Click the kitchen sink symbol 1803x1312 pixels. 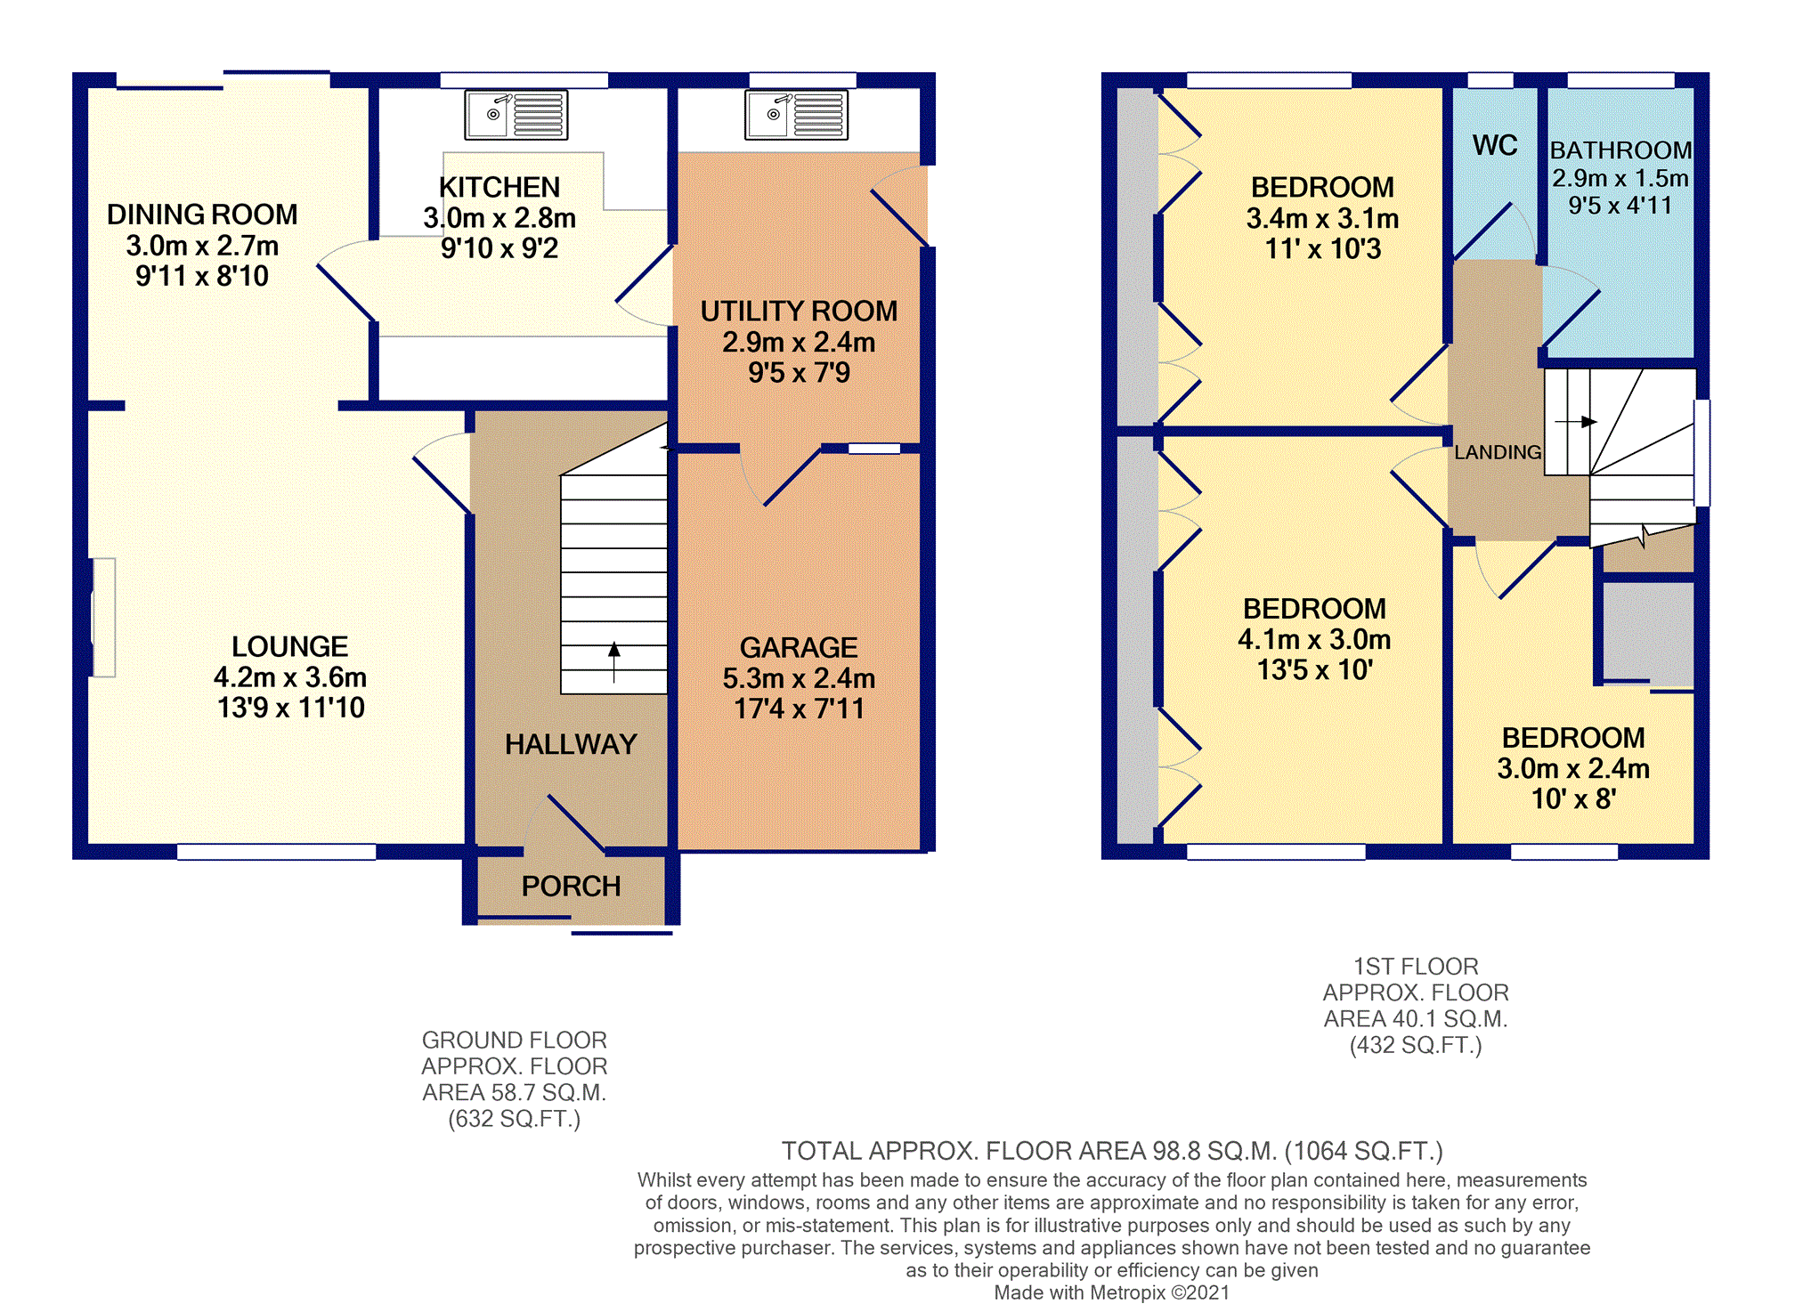516,115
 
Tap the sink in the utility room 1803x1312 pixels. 796,115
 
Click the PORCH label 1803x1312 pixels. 571,887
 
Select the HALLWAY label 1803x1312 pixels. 571,744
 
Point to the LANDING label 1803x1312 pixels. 1498,452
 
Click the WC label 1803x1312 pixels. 1495,145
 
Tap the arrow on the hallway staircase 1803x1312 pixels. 613,661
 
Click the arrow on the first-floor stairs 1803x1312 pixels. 1576,421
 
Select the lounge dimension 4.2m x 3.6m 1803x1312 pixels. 290,677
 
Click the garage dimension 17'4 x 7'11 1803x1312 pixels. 799,709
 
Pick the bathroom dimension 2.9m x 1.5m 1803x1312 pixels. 1620,178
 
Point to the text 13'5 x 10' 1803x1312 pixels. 1314,669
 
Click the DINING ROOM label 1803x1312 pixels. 202,215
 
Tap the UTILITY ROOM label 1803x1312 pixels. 799,311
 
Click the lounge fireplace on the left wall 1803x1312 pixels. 103,617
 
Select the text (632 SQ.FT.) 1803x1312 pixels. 514,1119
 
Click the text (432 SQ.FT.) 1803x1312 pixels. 1416,1045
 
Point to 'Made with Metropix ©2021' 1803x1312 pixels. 1111,1292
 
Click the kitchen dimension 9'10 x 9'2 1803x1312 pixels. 499,248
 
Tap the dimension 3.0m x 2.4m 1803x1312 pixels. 1573,768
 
